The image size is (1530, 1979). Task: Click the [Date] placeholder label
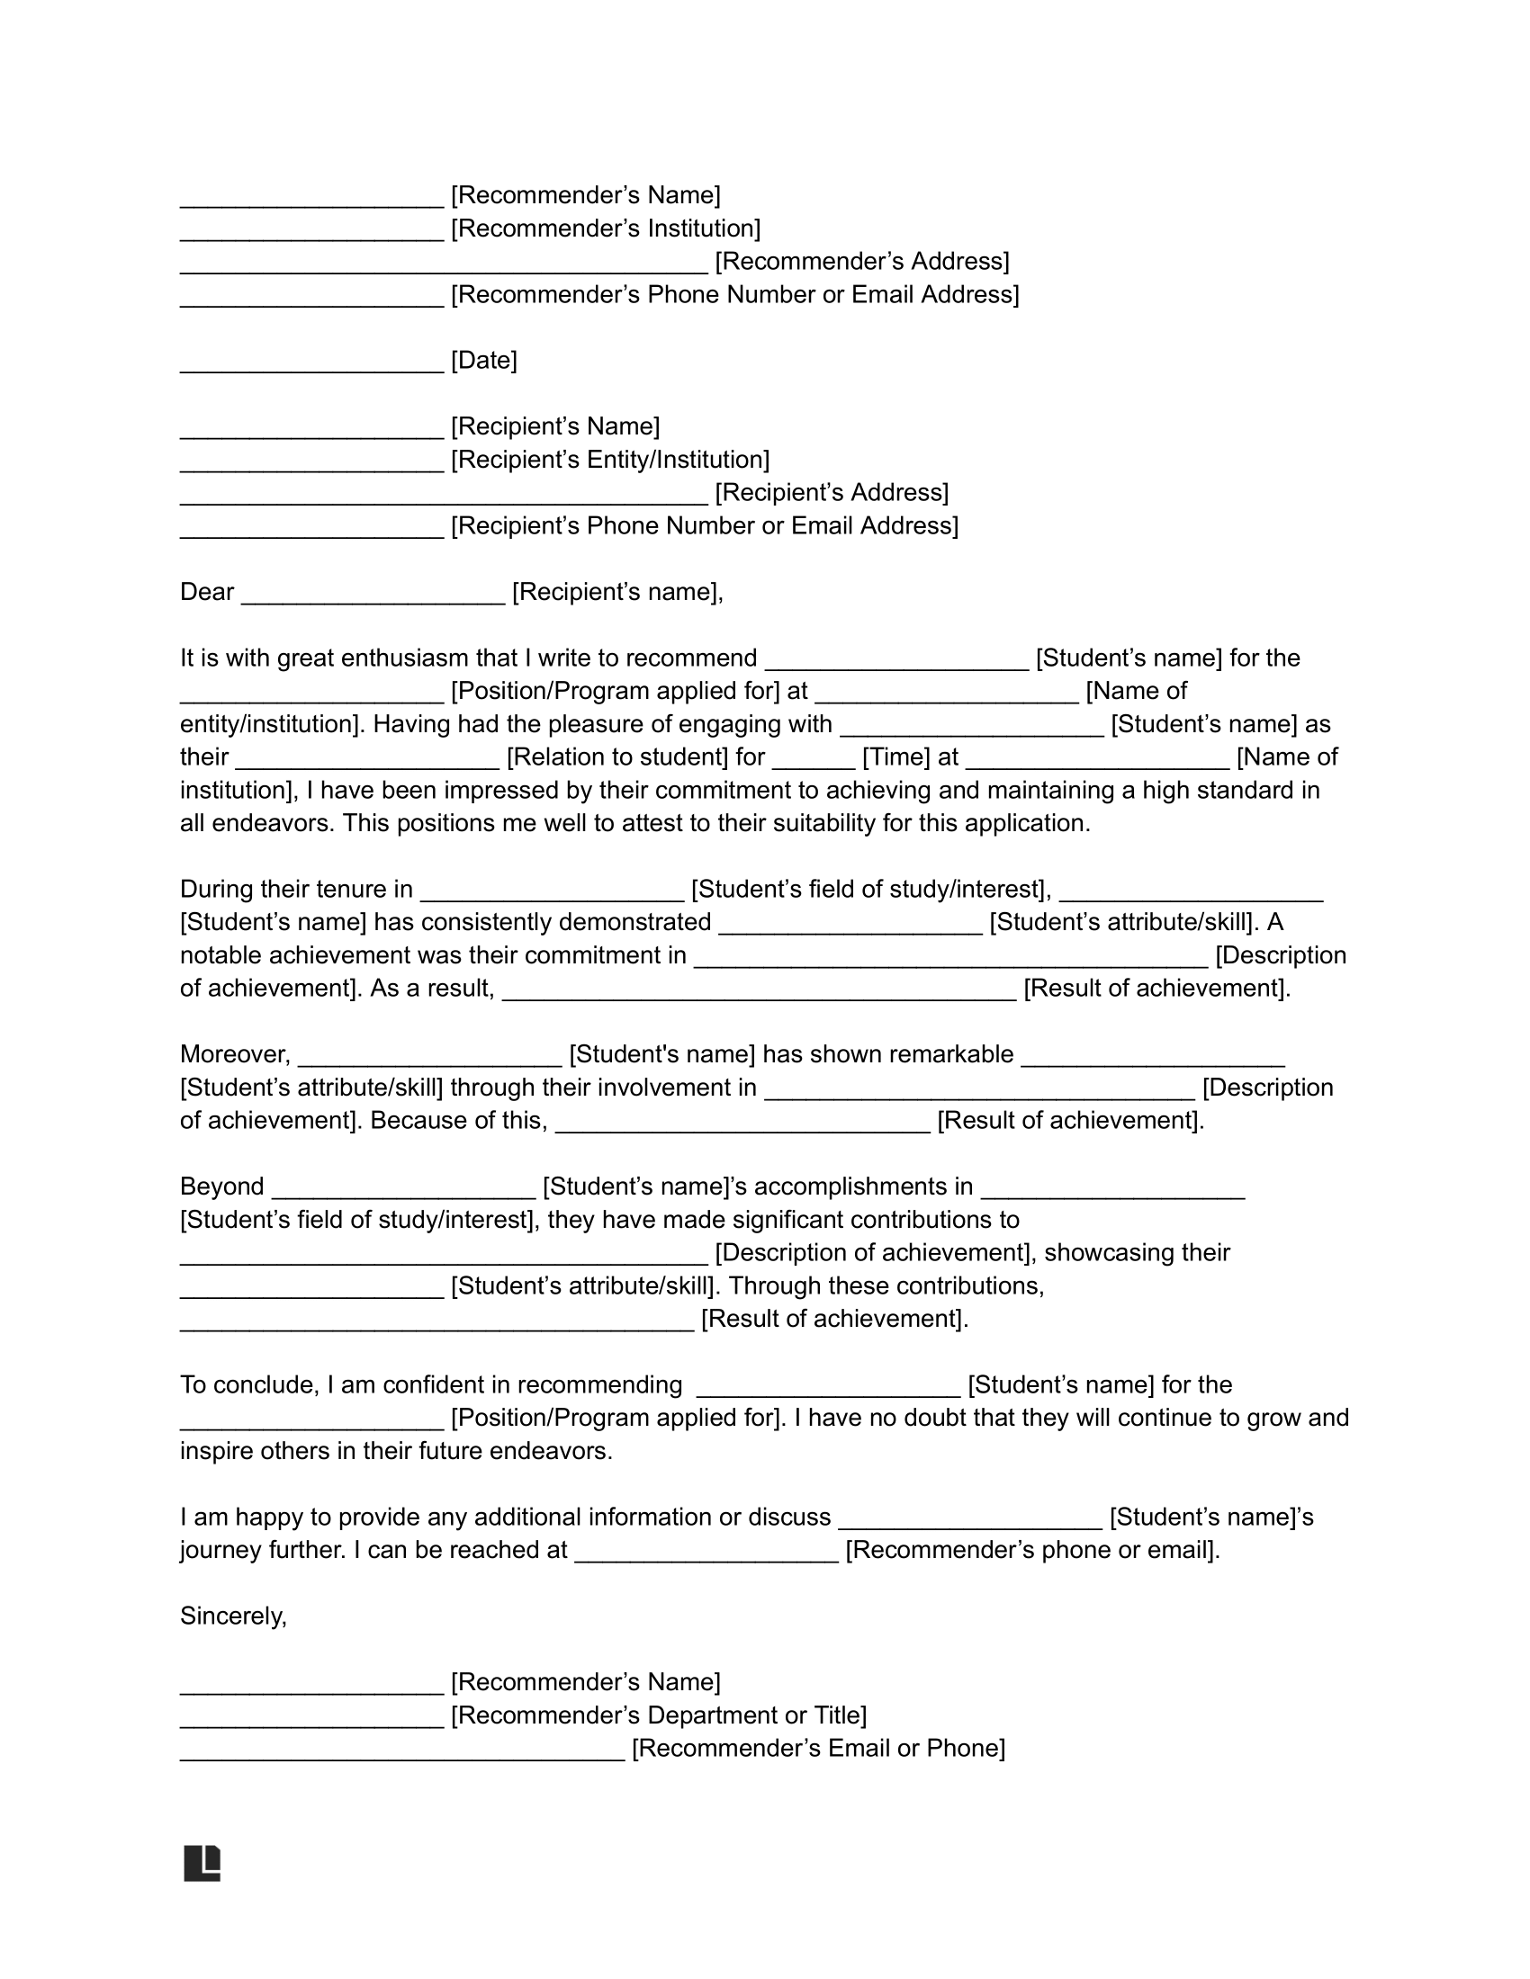pos(484,361)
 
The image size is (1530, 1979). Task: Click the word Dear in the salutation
pos(207,592)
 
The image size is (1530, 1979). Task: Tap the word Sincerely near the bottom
pos(233,1616)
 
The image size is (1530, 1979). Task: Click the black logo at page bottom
pos(202,1863)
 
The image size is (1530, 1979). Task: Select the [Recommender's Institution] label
pos(606,228)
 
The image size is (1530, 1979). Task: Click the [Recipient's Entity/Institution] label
pos(610,460)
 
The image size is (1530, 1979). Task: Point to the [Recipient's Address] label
pos(832,493)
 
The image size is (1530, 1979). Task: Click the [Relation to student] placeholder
pos(635,757)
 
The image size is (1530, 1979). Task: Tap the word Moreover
pos(235,1054)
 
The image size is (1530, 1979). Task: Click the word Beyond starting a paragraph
pos(222,1187)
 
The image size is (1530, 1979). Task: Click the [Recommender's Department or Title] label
pos(659,1715)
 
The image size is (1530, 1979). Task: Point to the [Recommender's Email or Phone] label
pos(818,1748)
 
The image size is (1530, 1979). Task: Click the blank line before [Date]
pos(311,364)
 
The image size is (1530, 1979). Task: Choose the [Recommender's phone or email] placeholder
pos(1032,1550)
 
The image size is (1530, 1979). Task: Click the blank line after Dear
pos(373,595)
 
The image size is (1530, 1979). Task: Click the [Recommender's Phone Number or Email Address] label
pos(735,294)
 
